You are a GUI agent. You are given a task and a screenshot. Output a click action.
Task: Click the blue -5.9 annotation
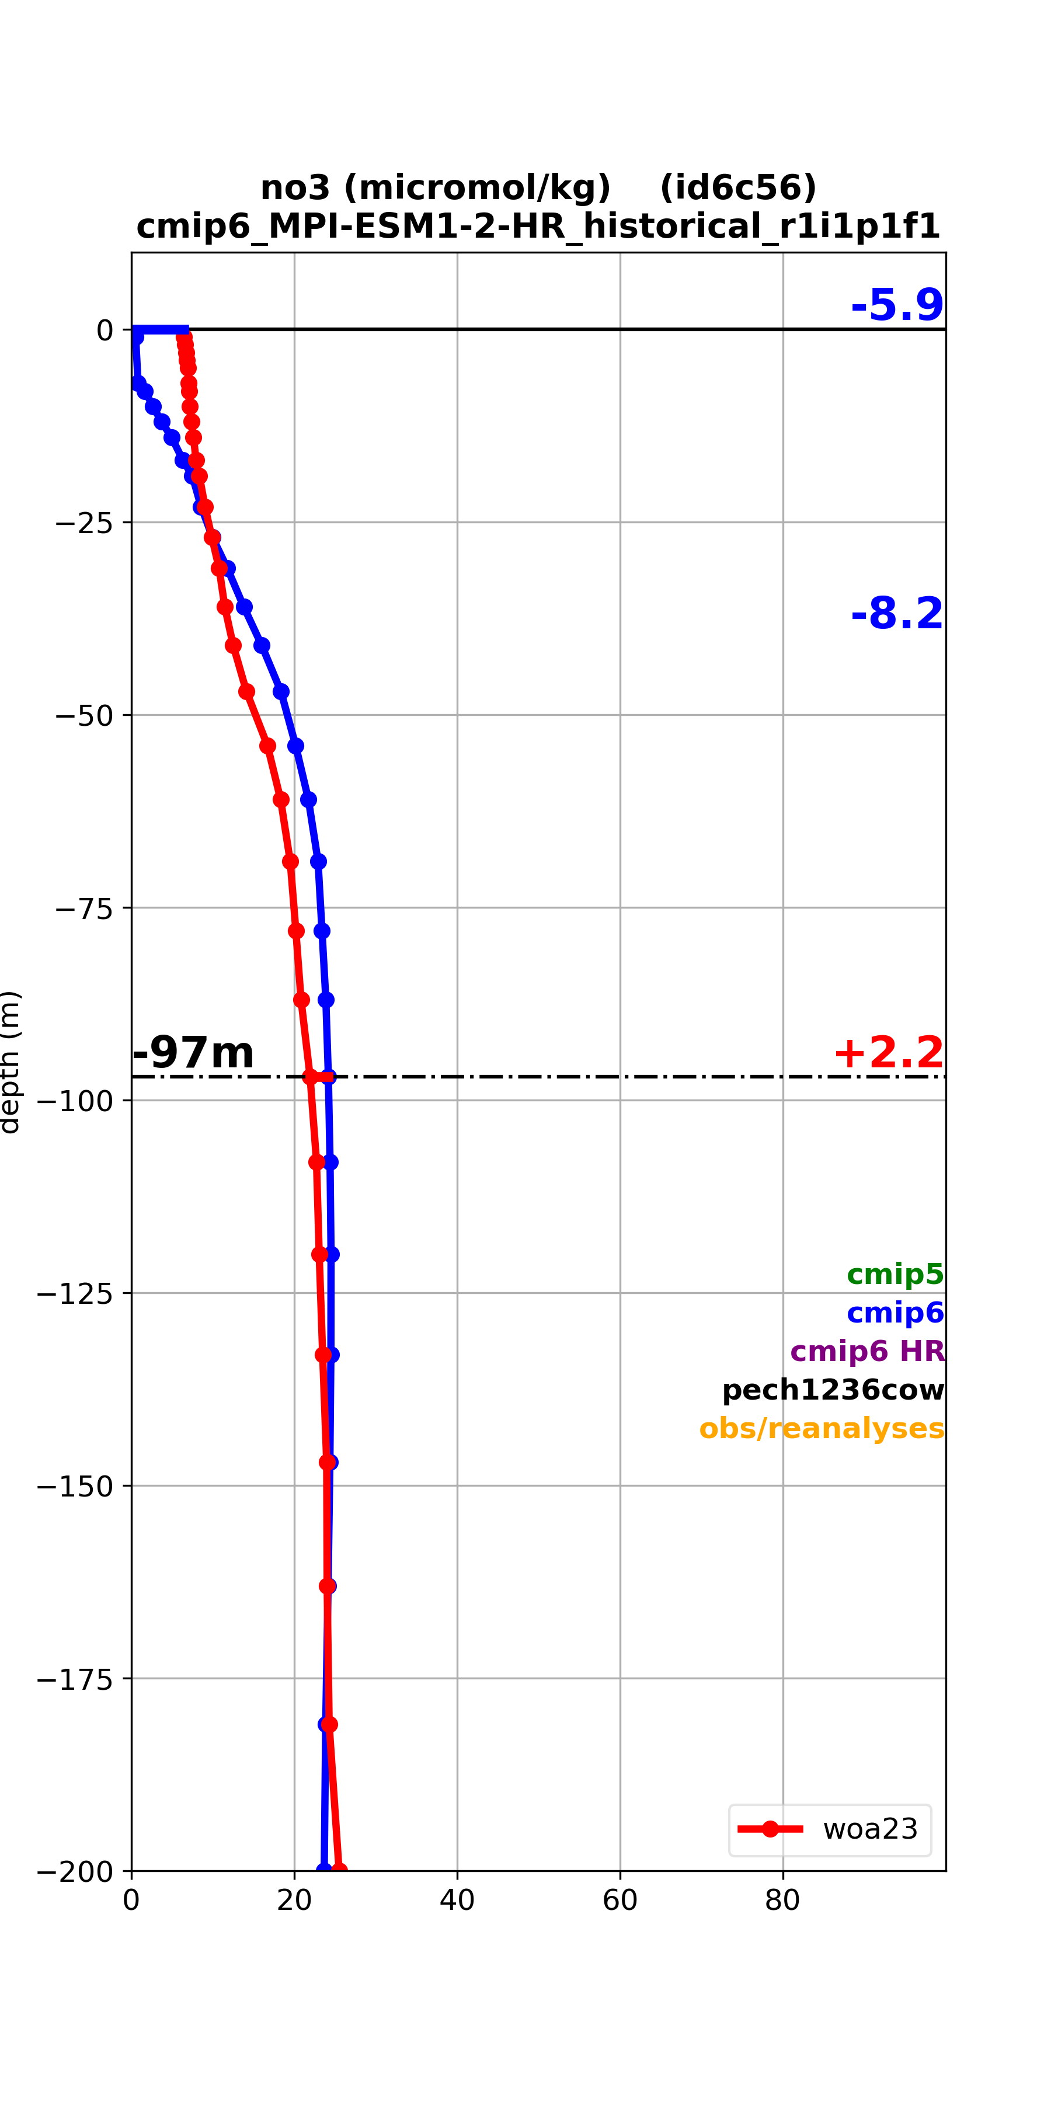897,305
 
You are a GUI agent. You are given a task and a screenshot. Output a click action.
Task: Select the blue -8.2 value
897,614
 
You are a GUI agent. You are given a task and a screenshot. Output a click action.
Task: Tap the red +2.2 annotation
889,1053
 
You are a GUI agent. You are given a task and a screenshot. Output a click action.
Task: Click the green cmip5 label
895,1274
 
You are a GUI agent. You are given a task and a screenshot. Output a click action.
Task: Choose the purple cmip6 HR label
868,1351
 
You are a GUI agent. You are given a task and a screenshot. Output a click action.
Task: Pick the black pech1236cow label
833,1390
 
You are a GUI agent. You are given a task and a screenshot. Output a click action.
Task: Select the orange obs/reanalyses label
822,1429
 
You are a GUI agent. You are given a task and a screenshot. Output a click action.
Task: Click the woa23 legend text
871,1829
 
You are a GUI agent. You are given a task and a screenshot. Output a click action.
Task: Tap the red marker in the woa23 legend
770,1829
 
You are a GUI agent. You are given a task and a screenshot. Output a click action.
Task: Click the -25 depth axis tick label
84,522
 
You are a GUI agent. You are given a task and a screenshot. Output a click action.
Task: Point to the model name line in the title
538,226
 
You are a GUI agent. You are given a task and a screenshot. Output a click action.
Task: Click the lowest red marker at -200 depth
339,1870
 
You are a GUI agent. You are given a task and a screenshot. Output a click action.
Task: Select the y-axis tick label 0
105,330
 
